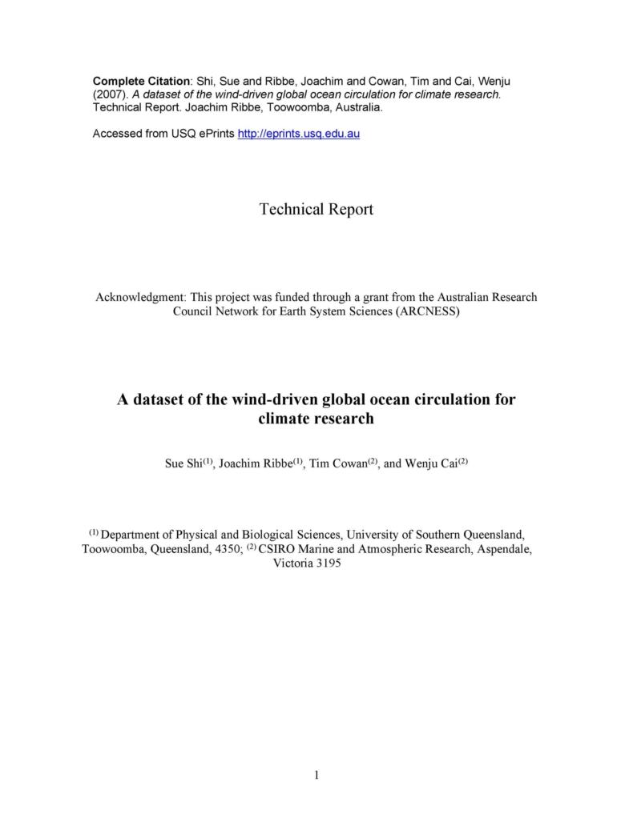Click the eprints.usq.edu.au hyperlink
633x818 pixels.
pos(299,134)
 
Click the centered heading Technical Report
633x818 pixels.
pos(316,210)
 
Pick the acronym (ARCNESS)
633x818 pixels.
pos(426,311)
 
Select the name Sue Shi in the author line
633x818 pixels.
pos(183,464)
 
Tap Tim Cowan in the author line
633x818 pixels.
pos(337,464)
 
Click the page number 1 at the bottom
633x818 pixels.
pos(316,774)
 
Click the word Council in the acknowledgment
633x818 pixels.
pos(196,311)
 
